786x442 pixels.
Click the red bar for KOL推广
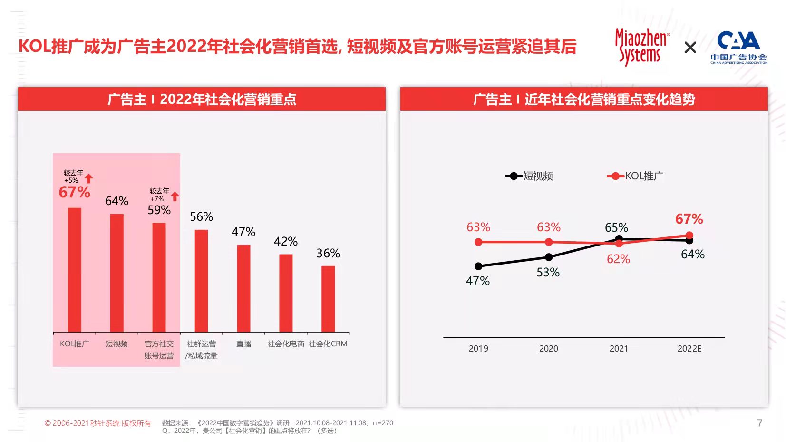[x=75, y=270]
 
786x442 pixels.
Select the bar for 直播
[x=243, y=288]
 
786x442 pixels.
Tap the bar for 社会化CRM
[x=328, y=299]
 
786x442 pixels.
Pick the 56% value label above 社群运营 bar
[x=202, y=217]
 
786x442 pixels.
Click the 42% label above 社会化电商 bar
[x=286, y=242]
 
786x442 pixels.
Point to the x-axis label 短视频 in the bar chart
[x=116, y=344]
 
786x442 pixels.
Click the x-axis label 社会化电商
[x=286, y=344]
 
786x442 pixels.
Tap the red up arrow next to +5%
[x=89, y=178]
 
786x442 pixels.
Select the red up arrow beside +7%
[x=175, y=196]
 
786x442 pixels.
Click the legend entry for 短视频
[x=530, y=176]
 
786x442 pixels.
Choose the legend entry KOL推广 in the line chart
[x=635, y=176]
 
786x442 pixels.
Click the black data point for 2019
[x=478, y=266]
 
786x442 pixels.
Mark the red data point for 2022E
[x=689, y=235]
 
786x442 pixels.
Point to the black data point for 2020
[x=549, y=257]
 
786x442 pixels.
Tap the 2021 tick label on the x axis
[x=619, y=349]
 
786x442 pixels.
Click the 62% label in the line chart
[x=618, y=259]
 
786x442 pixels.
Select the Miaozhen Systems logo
[x=641, y=47]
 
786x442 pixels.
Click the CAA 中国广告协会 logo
[x=738, y=47]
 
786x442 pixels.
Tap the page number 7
[x=759, y=423]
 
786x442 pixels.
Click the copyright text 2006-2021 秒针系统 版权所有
[x=98, y=423]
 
